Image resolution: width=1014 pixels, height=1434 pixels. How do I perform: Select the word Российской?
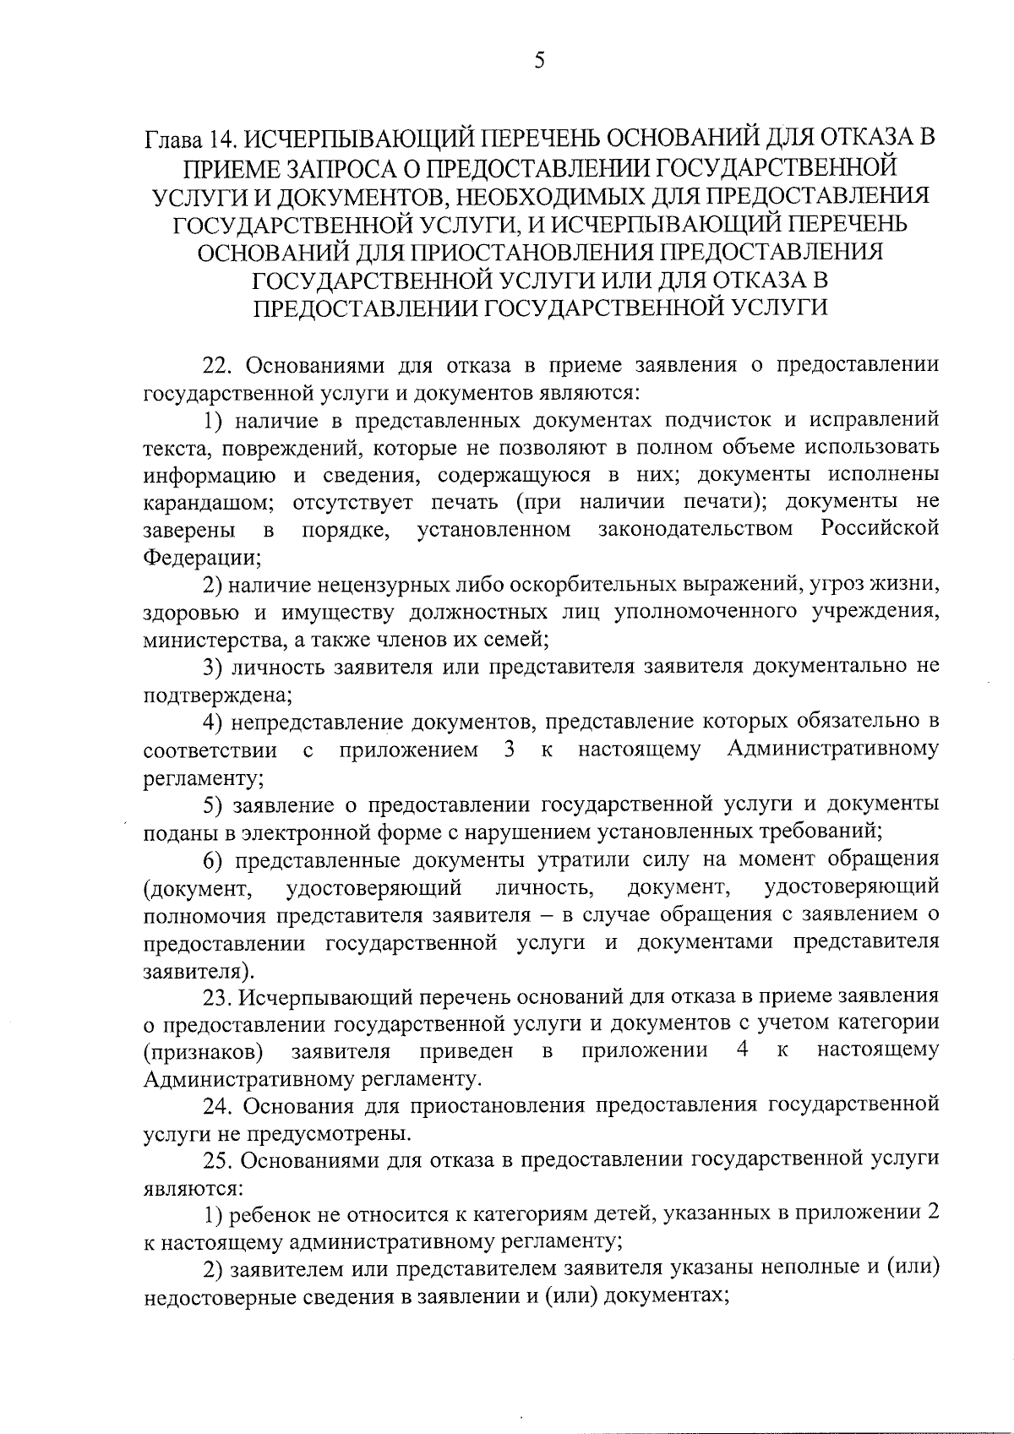[x=880, y=530]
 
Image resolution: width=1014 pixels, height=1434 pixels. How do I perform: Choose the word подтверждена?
[x=217, y=695]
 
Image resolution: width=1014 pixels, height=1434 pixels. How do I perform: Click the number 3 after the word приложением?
[x=509, y=750]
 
